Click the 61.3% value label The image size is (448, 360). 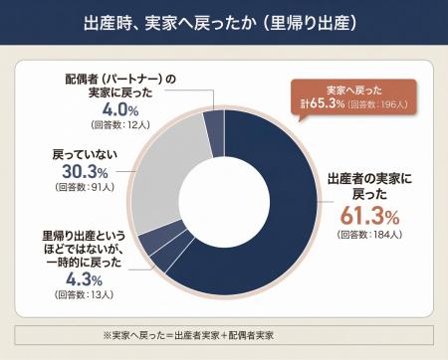[x=370, y=216]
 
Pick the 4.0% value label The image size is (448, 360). [x=120, y=110]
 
